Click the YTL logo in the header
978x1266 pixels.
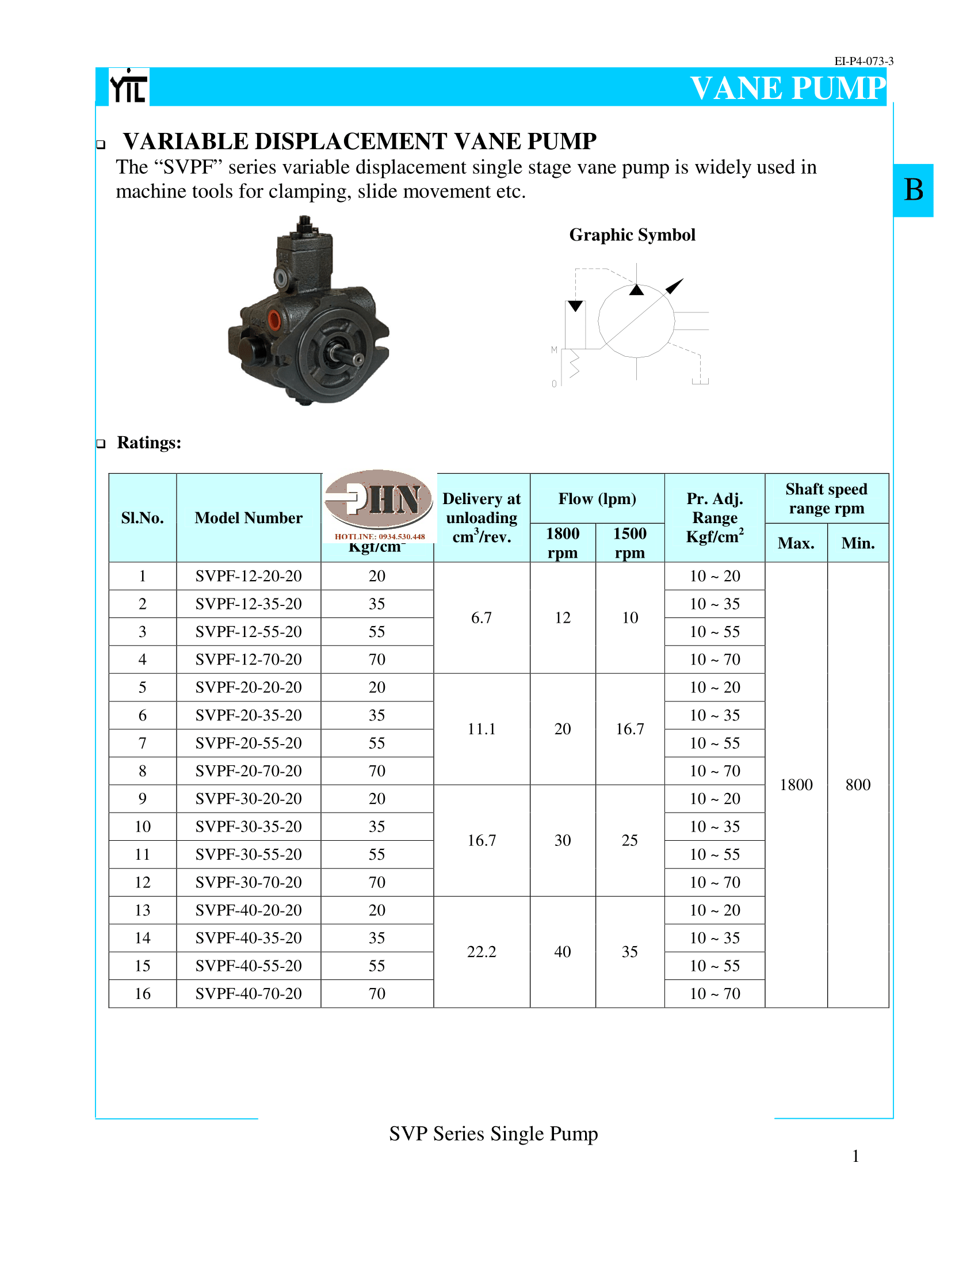coord(129,87)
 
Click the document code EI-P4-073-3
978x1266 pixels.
coord(864,61)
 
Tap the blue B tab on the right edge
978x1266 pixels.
coord(913,190)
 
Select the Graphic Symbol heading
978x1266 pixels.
coord(632,235)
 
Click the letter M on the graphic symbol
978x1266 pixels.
coord(554,349)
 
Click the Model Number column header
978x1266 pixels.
coord(249,518)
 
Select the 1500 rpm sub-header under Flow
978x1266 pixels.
coord(630,543)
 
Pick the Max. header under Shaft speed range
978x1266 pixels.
coord(796,543)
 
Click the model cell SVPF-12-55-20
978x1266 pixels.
coord(249,632)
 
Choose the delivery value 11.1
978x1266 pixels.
coord(482,729)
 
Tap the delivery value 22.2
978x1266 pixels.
coord(482,952)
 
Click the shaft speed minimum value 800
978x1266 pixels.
coord(858,785)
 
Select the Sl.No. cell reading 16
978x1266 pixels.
coord(143,994)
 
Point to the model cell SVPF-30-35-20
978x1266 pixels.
coord(249,826)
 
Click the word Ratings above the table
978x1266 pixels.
coord(149,443)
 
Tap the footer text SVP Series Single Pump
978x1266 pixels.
coord(493,1134)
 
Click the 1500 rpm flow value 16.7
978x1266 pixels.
coord(630,729)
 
